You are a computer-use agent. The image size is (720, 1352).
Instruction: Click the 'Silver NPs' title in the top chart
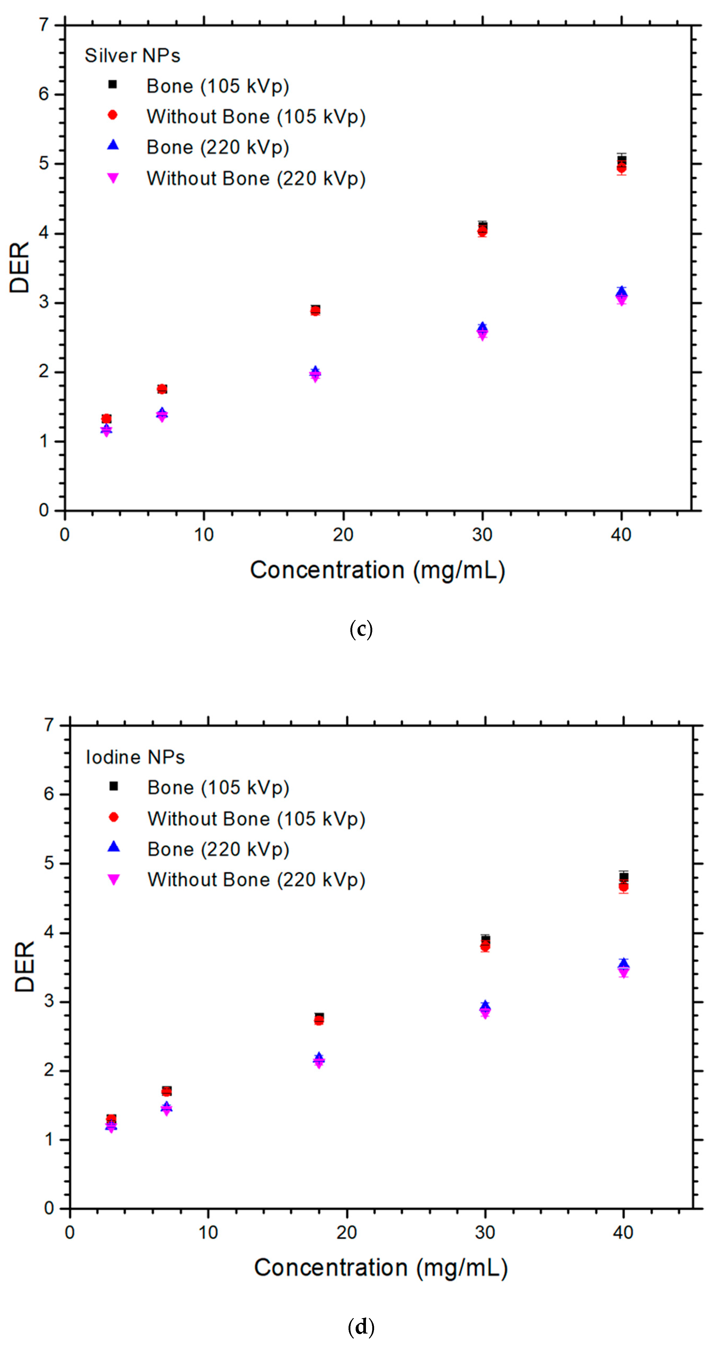132,56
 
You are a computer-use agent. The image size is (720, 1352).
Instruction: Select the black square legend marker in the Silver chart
112,84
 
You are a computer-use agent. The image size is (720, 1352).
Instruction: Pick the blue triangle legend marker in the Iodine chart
113,847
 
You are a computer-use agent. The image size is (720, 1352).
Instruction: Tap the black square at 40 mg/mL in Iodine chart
624,876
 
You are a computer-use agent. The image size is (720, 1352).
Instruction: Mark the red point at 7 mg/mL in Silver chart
162,389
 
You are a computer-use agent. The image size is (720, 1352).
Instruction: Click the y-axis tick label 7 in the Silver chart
44,25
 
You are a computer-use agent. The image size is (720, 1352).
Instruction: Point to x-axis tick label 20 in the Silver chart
343,535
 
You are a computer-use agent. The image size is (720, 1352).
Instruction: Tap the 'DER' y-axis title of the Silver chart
20,268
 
